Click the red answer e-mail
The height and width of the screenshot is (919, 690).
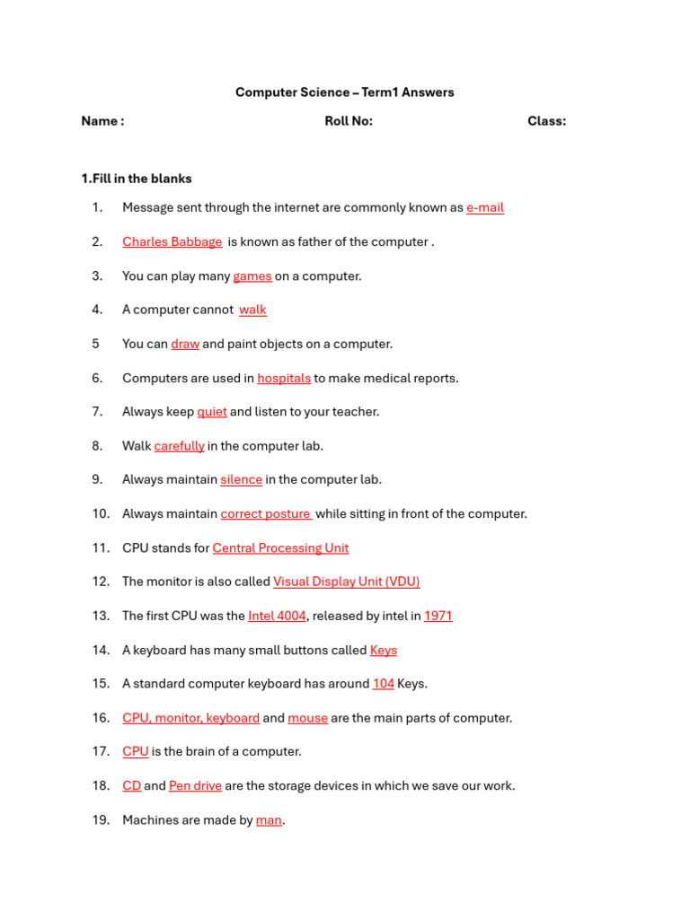485,208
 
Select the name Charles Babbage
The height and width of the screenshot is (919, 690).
172,242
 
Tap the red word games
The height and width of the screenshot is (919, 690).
252,276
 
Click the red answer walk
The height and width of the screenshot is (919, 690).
252,311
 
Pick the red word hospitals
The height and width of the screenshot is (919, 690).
284,379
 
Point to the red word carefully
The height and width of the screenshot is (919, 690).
180,446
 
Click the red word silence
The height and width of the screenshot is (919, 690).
242,480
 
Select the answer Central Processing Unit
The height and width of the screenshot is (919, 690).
280,548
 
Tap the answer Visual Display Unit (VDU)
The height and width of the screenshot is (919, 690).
347,582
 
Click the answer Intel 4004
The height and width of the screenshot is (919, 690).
277,616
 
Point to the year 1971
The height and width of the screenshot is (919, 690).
438,616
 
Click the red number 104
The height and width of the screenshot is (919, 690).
384,684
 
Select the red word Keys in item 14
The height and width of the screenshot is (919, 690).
384,650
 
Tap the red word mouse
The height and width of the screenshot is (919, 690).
307,718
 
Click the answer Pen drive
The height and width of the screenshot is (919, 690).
195,786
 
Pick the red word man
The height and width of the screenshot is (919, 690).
269,820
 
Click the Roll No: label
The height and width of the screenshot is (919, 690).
349,122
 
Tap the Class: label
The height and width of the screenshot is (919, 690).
546,122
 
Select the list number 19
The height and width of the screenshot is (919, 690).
100,820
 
